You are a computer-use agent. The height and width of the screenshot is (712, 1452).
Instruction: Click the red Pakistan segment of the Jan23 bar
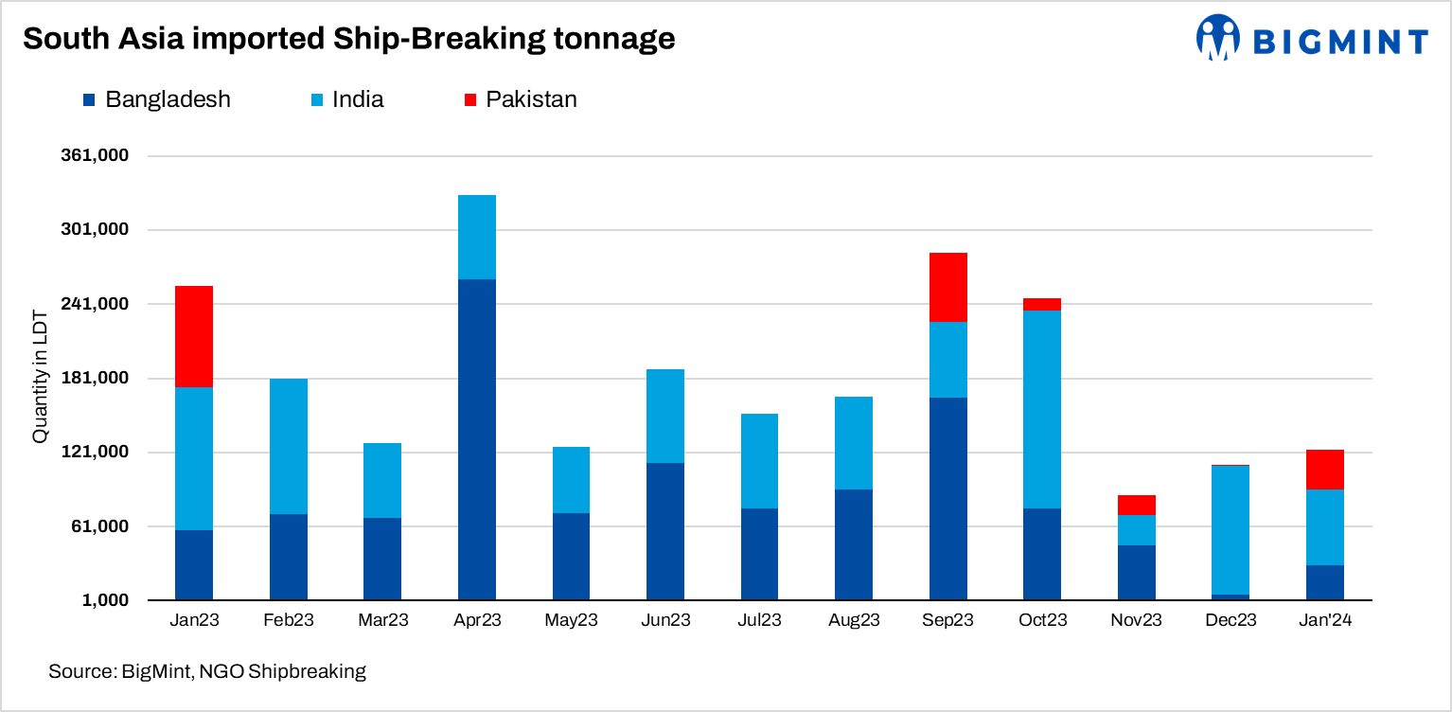click(x=194, y=336)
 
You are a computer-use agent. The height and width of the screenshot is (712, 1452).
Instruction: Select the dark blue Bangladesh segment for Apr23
click(x=477, y=439)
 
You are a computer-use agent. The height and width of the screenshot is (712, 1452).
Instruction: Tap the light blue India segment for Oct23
click(x=1042, y=409)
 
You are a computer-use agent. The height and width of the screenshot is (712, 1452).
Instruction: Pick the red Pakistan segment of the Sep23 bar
click(x=948, y=287)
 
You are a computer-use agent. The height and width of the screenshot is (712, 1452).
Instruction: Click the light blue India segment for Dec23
click(x=1231, y=529)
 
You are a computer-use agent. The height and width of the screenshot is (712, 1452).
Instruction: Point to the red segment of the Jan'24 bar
click(x=1325, y=470)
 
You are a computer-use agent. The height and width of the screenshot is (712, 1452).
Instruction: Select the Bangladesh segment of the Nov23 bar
click(x=1137, y=572)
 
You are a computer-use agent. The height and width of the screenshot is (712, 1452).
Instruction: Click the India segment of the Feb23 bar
click(x=289, y=446)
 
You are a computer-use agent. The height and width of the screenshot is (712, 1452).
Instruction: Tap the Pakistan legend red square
click(x=469, y=99)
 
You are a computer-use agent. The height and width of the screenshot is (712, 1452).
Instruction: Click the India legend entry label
click(x=358, y=99)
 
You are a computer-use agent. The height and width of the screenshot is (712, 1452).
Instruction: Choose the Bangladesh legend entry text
click(x=168, y=99)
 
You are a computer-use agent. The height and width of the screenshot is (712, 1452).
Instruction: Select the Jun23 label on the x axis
click(x=665, y=621)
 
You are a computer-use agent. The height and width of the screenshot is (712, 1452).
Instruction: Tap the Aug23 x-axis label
click(x=854, y=621)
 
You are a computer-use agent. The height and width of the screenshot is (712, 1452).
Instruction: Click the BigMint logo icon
click(x=1218, y=38)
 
